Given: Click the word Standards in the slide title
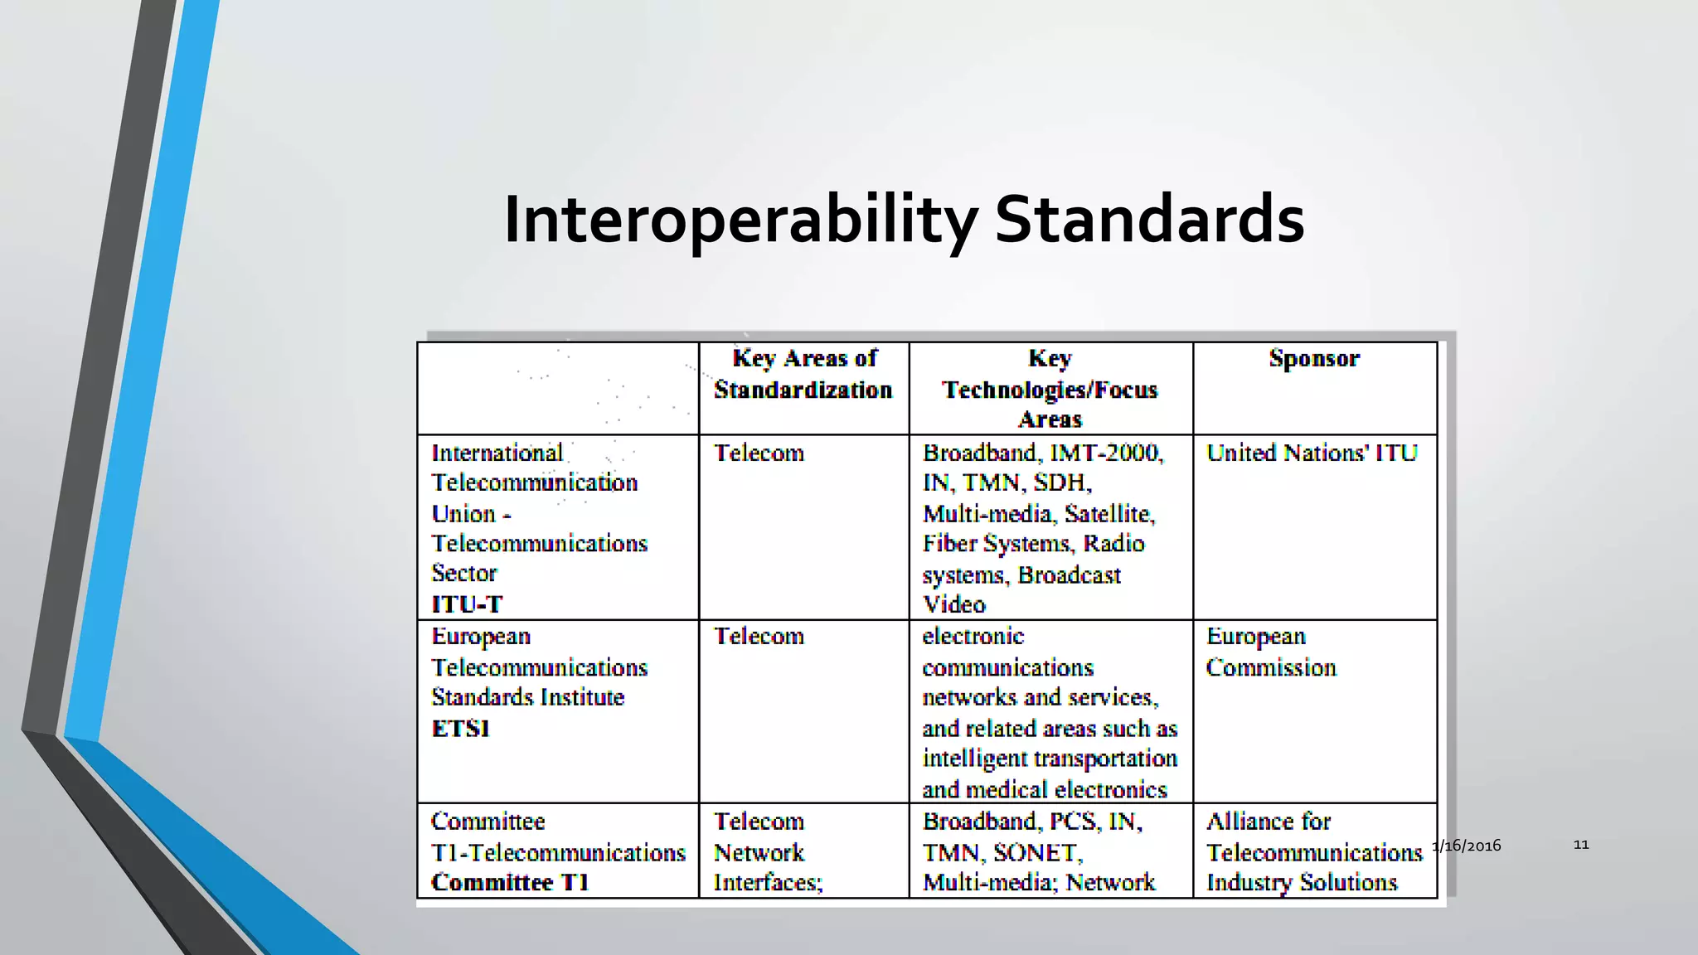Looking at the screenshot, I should (1149, 219).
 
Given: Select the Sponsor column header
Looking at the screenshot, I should (1314, 358).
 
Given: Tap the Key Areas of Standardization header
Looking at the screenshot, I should (803, 374).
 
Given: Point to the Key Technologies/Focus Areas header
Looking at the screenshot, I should (1050, 388).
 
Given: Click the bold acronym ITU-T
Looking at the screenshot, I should (467, 604).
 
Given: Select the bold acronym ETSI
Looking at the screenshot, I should (461, 729).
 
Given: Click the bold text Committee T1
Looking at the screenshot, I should (510, 882).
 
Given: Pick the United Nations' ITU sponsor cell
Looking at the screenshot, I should (1312, 453).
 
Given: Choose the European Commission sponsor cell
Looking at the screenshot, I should (1271, 652).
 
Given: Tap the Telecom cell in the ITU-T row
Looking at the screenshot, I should (759, 453).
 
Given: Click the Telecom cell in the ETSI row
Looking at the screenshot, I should (759, 636).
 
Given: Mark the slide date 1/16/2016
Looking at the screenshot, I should (1467, 846).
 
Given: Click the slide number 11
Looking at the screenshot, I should (1581, 845).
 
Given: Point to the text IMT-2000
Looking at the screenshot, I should (1106, 453).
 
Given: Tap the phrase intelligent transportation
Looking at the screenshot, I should (1050, 759).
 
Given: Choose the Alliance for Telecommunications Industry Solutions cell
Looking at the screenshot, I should (1313, 851).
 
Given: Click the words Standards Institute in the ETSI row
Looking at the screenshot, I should (527, 697).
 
